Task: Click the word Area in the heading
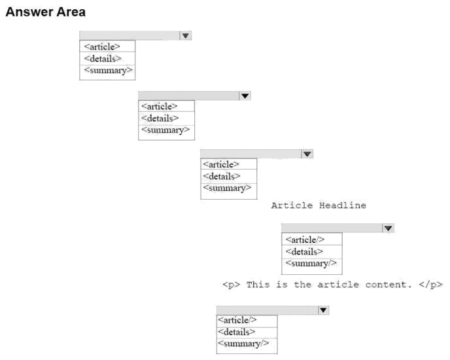coord(71,12)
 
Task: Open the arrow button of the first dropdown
coord(186,35)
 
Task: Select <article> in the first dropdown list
coord(102,46)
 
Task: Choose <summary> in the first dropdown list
coord(108,71)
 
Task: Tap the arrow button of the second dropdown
coord(245,96)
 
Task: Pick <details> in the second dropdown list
coord(160,118)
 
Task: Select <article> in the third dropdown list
coord(221,164)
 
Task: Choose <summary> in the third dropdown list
coord(228,189)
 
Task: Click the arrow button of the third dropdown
coord(307,154)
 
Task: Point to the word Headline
coord(343,206)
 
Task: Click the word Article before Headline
coord(292,206)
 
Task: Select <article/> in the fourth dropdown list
coord(305,240)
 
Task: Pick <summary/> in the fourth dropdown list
coord(311,264)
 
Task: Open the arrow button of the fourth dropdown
coord(389,228)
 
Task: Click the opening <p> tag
coord(232,285)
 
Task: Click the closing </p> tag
coord(431,285)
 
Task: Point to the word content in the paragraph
coord(389,285)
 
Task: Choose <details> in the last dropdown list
coord(237,332)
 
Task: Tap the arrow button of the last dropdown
coord(323,310)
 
